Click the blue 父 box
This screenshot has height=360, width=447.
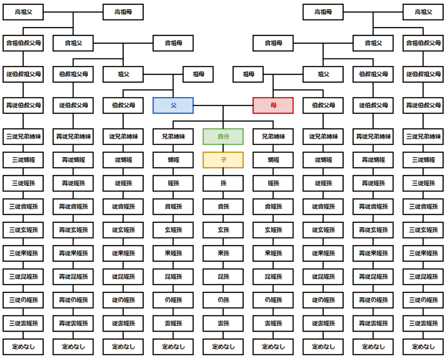coord(173,105)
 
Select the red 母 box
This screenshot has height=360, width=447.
coord(273,105)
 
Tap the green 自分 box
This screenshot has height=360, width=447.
coord(223,136)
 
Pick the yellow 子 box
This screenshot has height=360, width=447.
coord(223,160)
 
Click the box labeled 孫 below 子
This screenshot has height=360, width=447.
coord(223,183)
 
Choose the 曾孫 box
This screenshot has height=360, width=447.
coord(223,207)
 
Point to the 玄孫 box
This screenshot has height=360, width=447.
coord(223,230)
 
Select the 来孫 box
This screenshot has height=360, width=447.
coord(223,253)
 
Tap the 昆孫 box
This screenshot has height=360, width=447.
coord(223,277)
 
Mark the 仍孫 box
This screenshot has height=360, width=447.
coord(223,300)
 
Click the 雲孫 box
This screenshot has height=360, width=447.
coord(223,323)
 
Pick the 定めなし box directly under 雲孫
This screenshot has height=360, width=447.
coord(223,347)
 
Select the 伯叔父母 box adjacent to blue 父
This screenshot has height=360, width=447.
coord(123,105)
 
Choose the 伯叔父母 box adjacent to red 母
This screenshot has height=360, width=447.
coord(323,105)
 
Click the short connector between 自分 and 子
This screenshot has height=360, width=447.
coord(223,149)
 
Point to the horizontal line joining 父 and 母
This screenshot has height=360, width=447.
coord(223,105)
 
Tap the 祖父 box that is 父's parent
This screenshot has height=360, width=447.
coord(123,74)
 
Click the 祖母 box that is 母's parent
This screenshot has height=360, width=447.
coord(248,74)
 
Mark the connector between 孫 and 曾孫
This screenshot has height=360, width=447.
coord(223,195)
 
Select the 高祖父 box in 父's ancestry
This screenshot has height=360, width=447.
coord(23,12)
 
